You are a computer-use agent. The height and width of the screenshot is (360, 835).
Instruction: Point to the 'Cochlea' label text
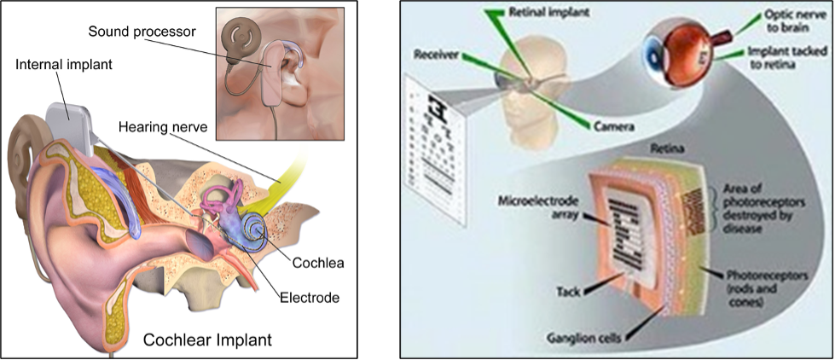coord(316,263)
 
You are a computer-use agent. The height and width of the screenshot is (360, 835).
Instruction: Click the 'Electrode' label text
coord(310,298)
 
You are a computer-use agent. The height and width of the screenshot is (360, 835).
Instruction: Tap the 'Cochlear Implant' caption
coord(207,340)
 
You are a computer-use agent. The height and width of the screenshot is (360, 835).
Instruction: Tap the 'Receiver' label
coord(437,54)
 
